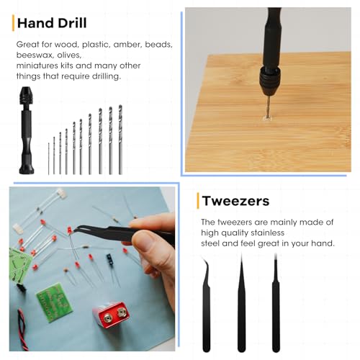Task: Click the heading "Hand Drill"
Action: pos(52,23)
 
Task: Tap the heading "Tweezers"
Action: pos(235,201)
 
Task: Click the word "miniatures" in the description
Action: pos(37,66)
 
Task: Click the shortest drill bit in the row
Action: pos(49,158)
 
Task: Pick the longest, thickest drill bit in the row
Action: pos(120,140)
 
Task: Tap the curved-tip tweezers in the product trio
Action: pos(207,305)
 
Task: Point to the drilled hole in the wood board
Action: pos(267,118)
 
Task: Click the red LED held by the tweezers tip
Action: pos(70,230)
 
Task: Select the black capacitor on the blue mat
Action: pos(110,260)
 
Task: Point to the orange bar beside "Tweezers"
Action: pos(198,201)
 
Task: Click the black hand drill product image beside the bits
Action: pos(26,130)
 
